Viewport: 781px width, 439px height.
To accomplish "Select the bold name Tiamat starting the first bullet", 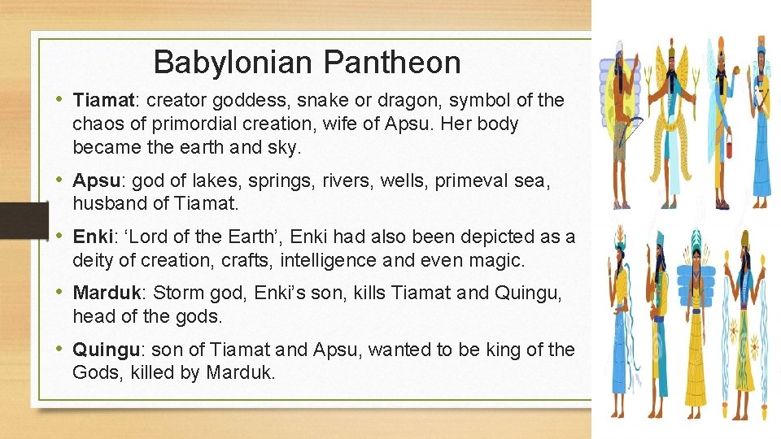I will [x=103, y=101].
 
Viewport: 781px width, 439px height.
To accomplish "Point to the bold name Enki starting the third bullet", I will [x=92, y=237].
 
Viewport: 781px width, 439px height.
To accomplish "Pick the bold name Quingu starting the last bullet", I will [x=106, y=350].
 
